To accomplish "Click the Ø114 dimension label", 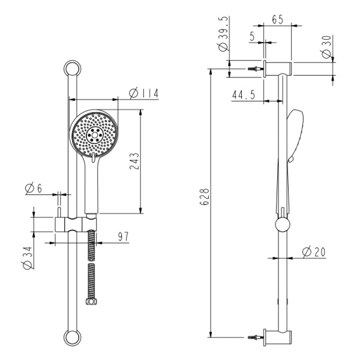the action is [144, 93].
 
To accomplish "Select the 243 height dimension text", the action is [134, 161].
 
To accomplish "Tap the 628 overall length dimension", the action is [205, 197].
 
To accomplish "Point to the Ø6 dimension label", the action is [34, 189].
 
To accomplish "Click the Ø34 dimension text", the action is [28, 258].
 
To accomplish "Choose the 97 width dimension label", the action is [124, 237].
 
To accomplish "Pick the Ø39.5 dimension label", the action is [224, 34].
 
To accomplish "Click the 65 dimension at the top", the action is [278, 20].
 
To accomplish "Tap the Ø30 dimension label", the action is [327, 47].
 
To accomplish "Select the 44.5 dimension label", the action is [244, 95].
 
